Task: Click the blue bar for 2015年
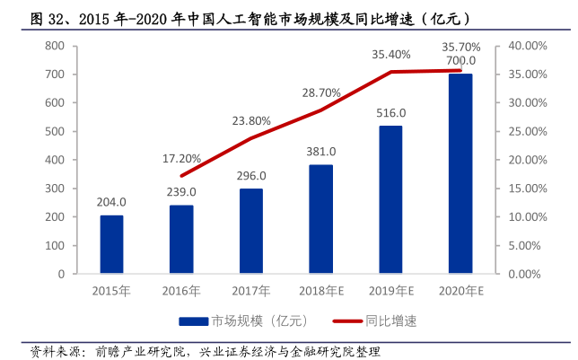click(x=111, y=244)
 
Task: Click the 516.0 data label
click(x=390, y=113)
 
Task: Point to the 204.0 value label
click(x=111, y=203)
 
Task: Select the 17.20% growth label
click(x=181, y=159)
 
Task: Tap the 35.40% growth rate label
click(x=391, y=55)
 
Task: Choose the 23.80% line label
click(x=251, y=120)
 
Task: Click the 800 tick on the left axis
click(x=57, y=45)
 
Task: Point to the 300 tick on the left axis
click(x=57, y=189)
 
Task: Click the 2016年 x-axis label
click(x=181, y=291)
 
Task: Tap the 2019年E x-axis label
click(x=391, y=291)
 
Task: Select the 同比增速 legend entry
click(x=381, y=320)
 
